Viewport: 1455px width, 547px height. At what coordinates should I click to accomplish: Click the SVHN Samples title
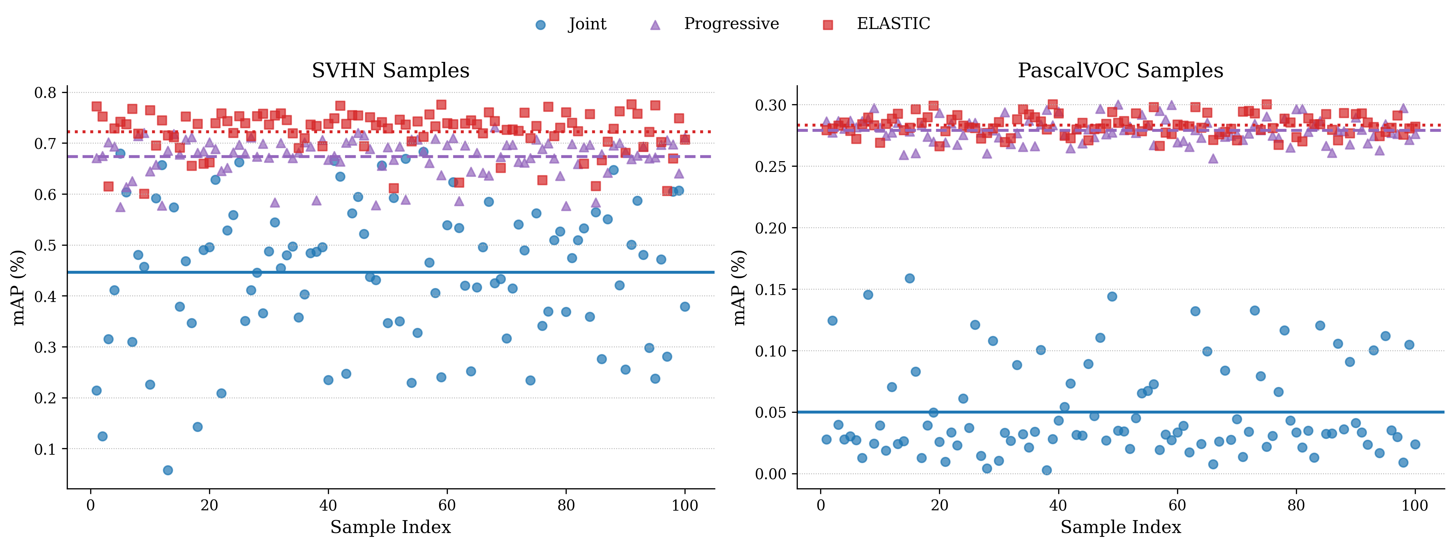click(x=390, y=71)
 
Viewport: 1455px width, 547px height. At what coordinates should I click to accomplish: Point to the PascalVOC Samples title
click(x=1120, y=71)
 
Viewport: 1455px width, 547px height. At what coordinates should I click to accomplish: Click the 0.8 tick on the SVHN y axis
click(x=46, y=93)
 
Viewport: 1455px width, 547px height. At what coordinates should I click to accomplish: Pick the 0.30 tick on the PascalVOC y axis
click(x=770, y=105)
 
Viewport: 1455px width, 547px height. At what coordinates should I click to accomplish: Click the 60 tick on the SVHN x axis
click(x=447, y=505)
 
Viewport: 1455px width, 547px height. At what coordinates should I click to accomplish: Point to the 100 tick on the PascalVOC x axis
click(x=1415, y=505)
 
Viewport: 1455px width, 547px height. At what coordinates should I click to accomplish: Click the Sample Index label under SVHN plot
click(x=390, y=527)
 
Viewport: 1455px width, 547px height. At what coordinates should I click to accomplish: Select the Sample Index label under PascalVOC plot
click(x=1120, y=527)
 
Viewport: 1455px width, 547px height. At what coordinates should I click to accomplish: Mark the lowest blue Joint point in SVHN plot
click(x=168, y=470)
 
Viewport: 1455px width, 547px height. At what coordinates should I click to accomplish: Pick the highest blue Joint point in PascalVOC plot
click(x=909, y=278)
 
